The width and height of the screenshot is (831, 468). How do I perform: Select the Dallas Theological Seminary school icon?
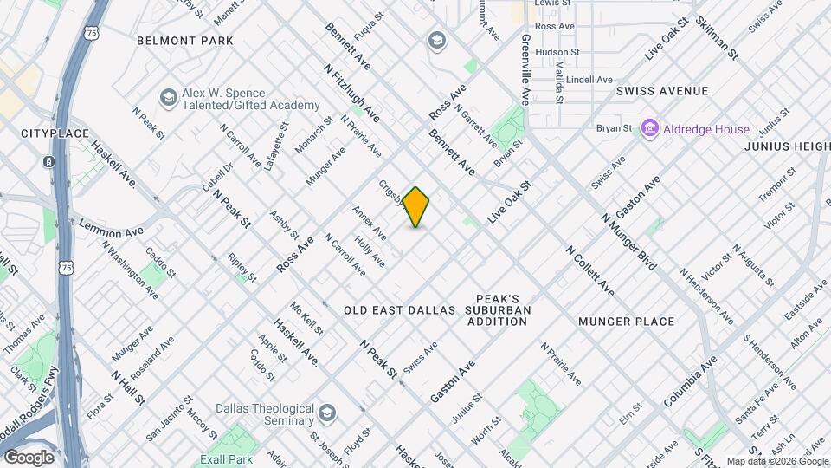pos(326,412)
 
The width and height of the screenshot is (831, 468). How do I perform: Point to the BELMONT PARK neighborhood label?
pos(185,41)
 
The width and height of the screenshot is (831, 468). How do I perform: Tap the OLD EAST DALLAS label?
pos(399,309)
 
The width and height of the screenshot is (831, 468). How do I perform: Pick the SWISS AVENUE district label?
pos(662,91)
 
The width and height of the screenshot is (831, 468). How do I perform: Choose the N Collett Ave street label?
pos(590,270)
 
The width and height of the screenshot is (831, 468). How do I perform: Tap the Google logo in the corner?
pos(29,458)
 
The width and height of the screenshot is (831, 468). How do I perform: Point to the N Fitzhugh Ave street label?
pos(351,92)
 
